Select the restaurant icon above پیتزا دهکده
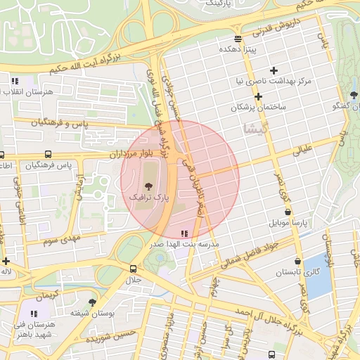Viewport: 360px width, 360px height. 238,39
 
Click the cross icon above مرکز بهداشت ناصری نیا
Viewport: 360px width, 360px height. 274,70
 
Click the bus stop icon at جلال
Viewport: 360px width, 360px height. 133,269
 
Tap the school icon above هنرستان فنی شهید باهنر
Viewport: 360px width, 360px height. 33,314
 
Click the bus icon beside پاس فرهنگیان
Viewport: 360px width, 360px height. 48,154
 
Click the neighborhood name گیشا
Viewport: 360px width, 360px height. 254,131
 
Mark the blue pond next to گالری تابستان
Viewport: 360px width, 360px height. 319,274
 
